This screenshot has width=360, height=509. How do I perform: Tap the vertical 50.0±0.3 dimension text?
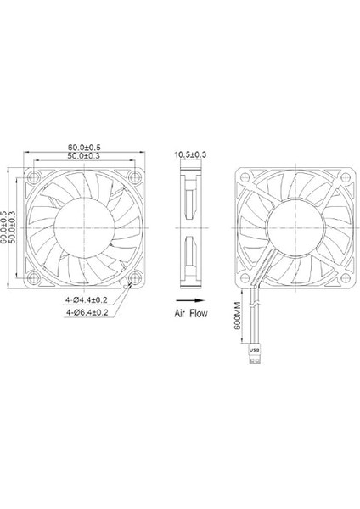click(x=15, y=227)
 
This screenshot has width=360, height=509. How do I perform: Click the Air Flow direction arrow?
click(x=188, y=301)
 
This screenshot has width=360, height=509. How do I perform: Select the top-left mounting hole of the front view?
click(x=34, y=176)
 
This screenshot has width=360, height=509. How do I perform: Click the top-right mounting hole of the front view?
click(x=134, y=176)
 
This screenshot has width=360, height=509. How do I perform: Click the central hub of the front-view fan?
click(x=84, y=227)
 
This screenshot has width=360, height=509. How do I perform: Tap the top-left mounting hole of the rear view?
click(x=245, y=176)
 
